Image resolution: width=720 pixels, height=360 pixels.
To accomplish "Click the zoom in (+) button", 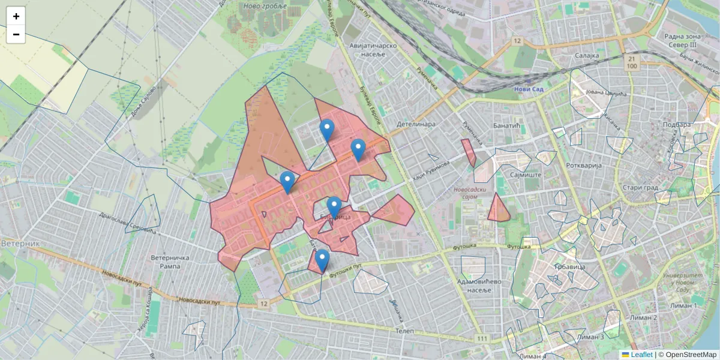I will point(16,16).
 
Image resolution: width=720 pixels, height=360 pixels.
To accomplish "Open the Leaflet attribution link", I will point(641,355).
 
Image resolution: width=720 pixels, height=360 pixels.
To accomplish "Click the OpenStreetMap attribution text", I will point(691,355).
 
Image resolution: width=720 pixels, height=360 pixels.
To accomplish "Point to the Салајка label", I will point(587,55).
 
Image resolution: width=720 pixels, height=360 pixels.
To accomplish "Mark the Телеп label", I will point(406,331).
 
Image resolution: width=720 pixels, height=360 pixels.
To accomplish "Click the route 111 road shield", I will point(482,340).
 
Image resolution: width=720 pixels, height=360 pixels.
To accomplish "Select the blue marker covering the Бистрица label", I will point(334,207).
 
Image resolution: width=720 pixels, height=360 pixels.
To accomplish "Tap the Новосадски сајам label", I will point(472,193).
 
